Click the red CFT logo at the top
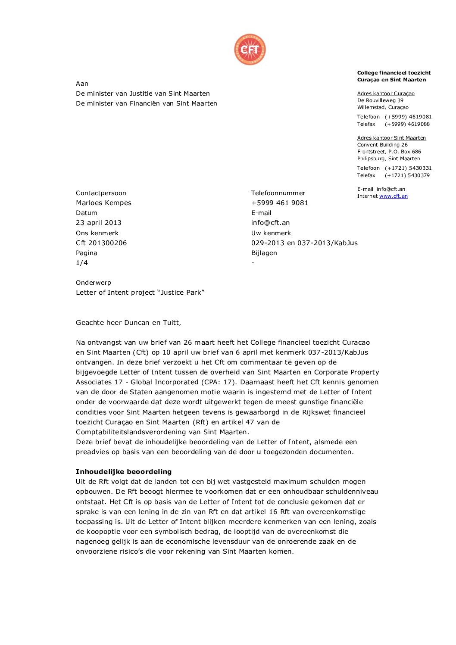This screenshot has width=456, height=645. [x=250, y=50]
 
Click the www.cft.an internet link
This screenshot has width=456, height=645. [x=393, y=196]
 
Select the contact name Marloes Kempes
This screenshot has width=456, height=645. [x=103, y=203]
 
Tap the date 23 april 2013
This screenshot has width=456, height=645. [x=98, y=223]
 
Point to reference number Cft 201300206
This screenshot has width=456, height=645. [x=101, y=243]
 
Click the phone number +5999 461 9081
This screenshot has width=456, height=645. [x=279, y=203]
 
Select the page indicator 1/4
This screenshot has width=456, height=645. [x=82, y=263]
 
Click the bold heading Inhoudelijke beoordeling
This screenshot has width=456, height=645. [x=124, y=472]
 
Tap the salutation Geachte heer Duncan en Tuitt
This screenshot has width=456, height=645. [x=128, y=323]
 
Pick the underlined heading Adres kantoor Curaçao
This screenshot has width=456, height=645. [x=386, y=93]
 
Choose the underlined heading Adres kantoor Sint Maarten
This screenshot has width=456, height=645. [x=391, y=138]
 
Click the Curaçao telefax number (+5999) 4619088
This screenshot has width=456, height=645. [x=407, y=124]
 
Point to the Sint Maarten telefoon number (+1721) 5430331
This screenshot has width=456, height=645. [x=408, y=168]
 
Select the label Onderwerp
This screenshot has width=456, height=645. [x=94, y=283]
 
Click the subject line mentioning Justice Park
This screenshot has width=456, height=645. [x=140, y=293]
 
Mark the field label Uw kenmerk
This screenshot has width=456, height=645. [x=271, y=233]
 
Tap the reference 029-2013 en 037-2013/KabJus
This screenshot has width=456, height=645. [x=304, y=243]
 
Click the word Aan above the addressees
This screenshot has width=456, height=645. [x=82, y=84]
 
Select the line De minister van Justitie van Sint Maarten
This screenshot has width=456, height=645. [x=143, y=93]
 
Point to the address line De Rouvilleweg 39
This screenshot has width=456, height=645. [x=380, y=100]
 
